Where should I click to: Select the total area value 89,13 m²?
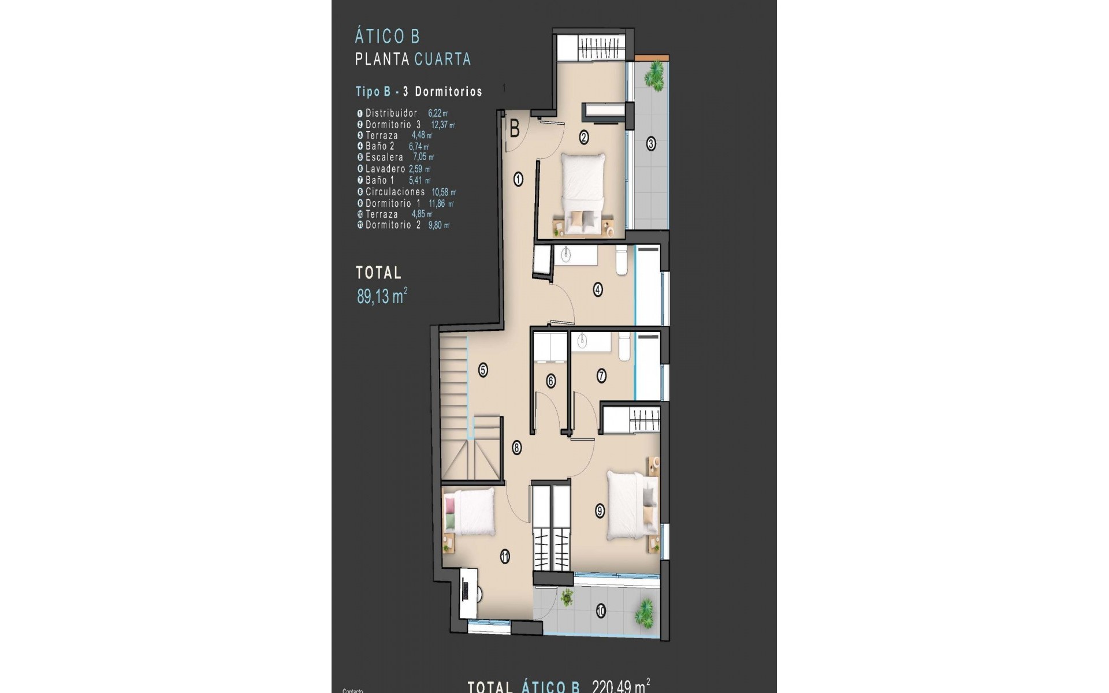point(382,297)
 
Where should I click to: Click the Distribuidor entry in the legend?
point(391,113)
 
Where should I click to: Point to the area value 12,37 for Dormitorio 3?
point(442,125)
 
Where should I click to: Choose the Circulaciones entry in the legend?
point(395,192)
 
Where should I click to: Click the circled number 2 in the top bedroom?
point(584,137)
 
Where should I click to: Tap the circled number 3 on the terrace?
point(651,144)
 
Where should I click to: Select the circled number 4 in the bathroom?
point(598,289)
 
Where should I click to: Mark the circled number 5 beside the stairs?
point(483,370)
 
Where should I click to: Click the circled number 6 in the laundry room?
point(550,381)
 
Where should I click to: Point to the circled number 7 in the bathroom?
point(601,377)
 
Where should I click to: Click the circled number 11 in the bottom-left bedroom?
point(505,557)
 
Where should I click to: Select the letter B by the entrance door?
point(514,129)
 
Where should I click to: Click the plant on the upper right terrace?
point(654,74)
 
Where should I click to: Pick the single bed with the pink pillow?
point(469,512)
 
